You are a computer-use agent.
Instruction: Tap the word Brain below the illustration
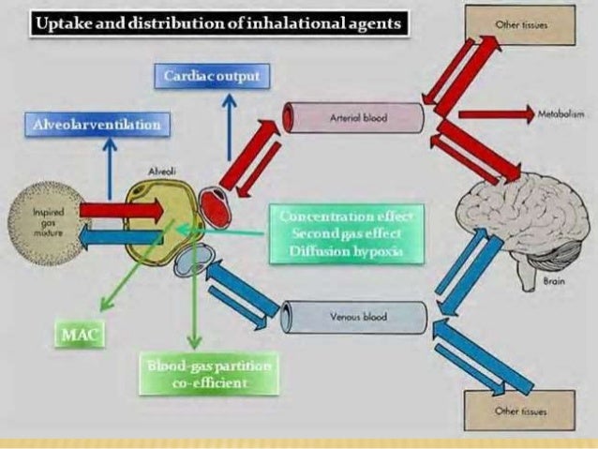[x=553, y=280]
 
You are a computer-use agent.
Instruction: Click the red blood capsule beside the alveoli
[x=215, y=208]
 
